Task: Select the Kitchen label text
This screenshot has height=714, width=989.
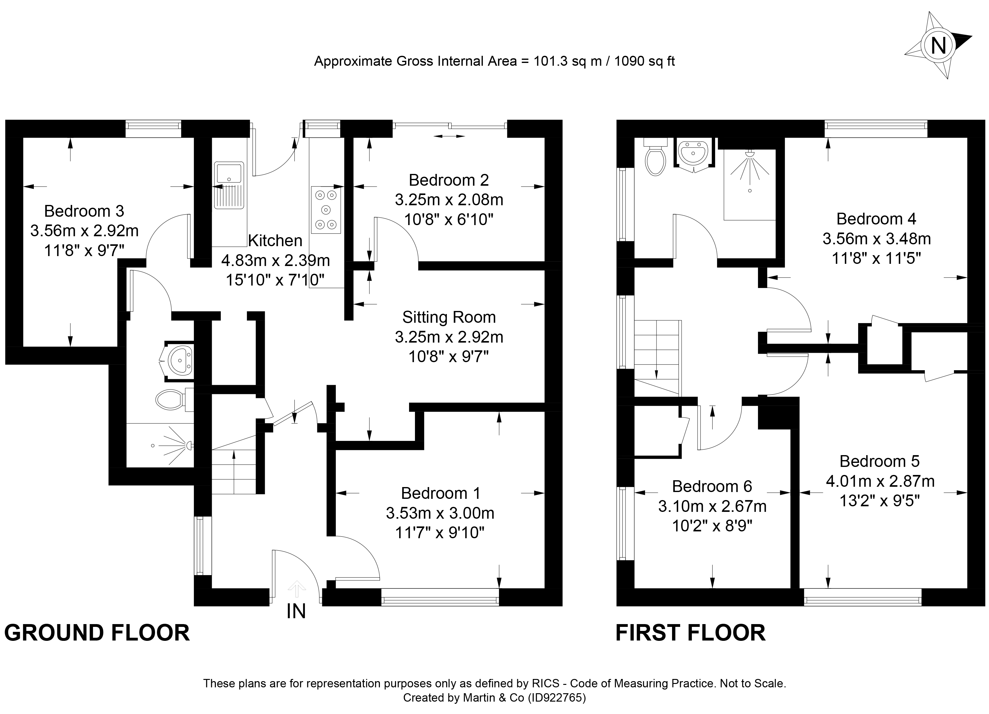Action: [275, 241]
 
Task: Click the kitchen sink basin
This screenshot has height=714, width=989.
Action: [229, 173]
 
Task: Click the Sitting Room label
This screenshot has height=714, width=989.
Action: [449, 317]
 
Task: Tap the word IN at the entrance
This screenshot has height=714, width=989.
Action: [296, 612]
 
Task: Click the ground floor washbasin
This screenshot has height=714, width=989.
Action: [180, 361]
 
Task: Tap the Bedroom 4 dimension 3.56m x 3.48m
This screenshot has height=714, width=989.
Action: [876, 239]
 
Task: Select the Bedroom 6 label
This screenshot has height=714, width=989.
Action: [712, 486]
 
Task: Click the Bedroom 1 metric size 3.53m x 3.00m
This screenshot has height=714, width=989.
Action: [440, 513]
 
